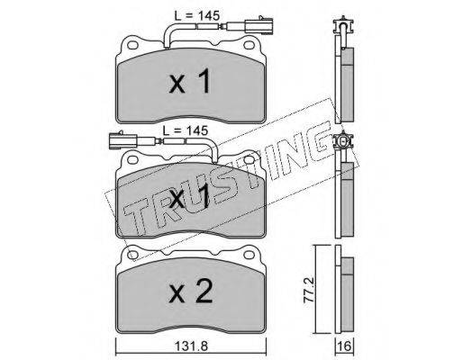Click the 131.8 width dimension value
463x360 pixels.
click(x=191, y=346)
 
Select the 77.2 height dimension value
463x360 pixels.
click(x=309, y=291)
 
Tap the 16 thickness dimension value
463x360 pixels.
click(x=345, y=346)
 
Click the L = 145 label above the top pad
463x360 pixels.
click(x=197, y=15)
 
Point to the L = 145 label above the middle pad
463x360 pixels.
click(x=186, y=130)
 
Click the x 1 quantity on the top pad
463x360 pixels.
click(x=190, y=81)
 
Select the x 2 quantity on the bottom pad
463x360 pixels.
click(x=191, y=291)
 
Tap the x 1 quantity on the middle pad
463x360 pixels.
click(x=189, y=196)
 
